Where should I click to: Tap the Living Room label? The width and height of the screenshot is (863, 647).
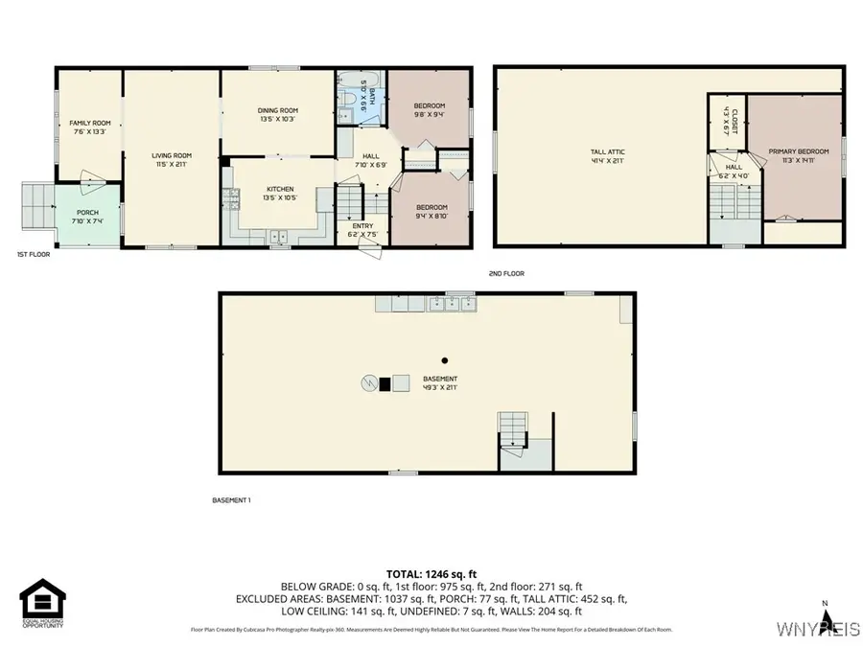point(172,160)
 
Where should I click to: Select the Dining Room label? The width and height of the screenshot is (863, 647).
point(278,115)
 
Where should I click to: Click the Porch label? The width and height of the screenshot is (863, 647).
point(87,218)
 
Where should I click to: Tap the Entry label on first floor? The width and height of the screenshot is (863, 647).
point(362,230)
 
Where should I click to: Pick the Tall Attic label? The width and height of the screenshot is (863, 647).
point(607,156)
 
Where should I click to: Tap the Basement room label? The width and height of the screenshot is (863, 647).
point(439,383)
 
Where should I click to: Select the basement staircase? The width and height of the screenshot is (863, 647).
point(512,427)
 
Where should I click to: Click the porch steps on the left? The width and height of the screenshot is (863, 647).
point(35,206)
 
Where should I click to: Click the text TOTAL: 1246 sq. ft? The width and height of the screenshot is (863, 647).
point(431,572)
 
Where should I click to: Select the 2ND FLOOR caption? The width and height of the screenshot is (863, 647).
point(506,274)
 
